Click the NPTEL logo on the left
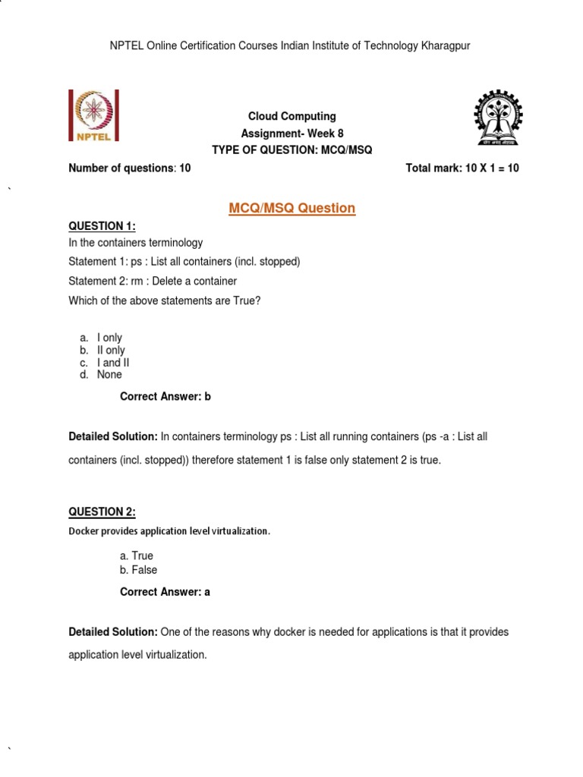94,116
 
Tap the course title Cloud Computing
292,116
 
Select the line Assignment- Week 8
292,134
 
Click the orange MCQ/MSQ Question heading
292,208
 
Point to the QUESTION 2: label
102,511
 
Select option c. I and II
104,363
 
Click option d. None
100,375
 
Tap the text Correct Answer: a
165,592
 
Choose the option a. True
137,555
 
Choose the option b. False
139,570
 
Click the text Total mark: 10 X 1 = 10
462,168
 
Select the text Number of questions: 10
130,168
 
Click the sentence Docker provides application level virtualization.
169,531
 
